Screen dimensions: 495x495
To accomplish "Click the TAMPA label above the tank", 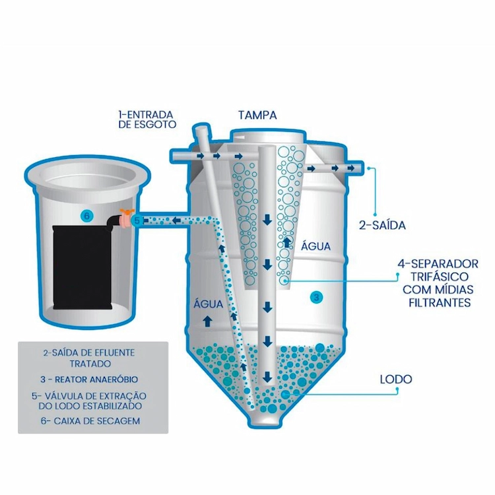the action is pos(257,115).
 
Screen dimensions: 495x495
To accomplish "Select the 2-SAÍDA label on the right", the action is pos(382,225).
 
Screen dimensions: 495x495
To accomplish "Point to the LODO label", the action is pos(396,379).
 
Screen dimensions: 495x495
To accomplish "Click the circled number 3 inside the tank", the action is pos(317,297).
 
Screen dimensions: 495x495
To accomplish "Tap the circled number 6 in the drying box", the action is pos(87,216).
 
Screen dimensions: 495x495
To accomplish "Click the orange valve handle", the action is pos(127,211).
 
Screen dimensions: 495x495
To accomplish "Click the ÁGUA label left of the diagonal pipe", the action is pos(209,304).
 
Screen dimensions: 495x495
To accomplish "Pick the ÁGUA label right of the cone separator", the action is pos(315,246).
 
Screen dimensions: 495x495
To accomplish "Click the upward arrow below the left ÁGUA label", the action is pos(207,321).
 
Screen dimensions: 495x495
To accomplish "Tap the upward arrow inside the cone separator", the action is pos(287,242).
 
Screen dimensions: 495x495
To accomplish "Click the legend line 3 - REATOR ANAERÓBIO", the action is pos(89,379).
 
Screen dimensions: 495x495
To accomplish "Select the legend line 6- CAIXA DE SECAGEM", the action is pos(90,421).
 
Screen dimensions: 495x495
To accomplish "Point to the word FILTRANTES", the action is pos(440,303).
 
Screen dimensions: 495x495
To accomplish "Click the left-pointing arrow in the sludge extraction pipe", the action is pos(176,220).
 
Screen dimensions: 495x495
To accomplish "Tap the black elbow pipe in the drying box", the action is pos(114,222).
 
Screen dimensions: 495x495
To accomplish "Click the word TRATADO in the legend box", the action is pos(90,364).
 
